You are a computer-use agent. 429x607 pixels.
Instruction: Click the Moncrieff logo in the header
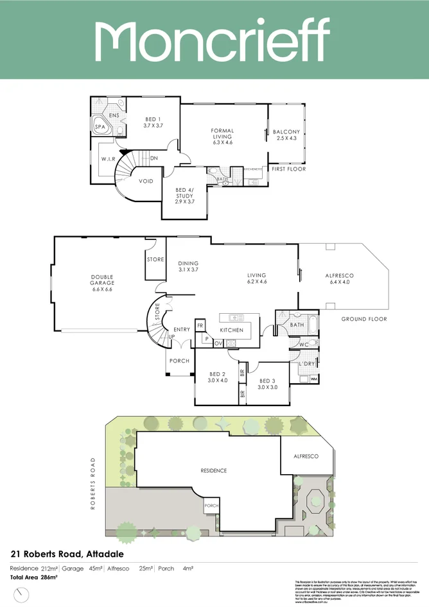pyautogui.click(x=214, y=40)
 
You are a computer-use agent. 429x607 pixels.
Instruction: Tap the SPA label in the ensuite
pyautogui.click(x=100, y=128)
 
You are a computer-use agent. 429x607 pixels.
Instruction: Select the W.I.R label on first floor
pyautogui.click(x=107, y=158)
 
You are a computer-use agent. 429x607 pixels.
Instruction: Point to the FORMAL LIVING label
pyautogui.click(x=222, y=134)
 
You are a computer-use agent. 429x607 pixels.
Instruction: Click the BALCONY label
pyautogui.click(x=287, y=134)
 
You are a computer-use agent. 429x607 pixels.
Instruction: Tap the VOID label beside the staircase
pyautogui.click(x=146, y=182)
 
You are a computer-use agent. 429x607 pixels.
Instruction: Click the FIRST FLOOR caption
pyautogui.click(x=288, y=169)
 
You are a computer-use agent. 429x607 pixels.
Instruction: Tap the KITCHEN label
pyautogui.click(x=231, y=330)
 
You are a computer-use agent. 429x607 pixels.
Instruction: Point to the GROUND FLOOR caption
pyautogui.click(x=364, y=319)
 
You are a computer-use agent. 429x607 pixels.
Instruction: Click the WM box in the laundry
pyautogui.click(x=314, y=379)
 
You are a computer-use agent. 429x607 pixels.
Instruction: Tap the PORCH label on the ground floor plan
pyautogui.click(x=179, y=361)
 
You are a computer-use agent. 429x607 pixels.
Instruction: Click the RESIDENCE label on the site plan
pyautogui.click(x=213, y=470)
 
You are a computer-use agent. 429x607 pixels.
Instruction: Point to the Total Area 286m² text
pyautogui.click(x=33, y=577)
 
